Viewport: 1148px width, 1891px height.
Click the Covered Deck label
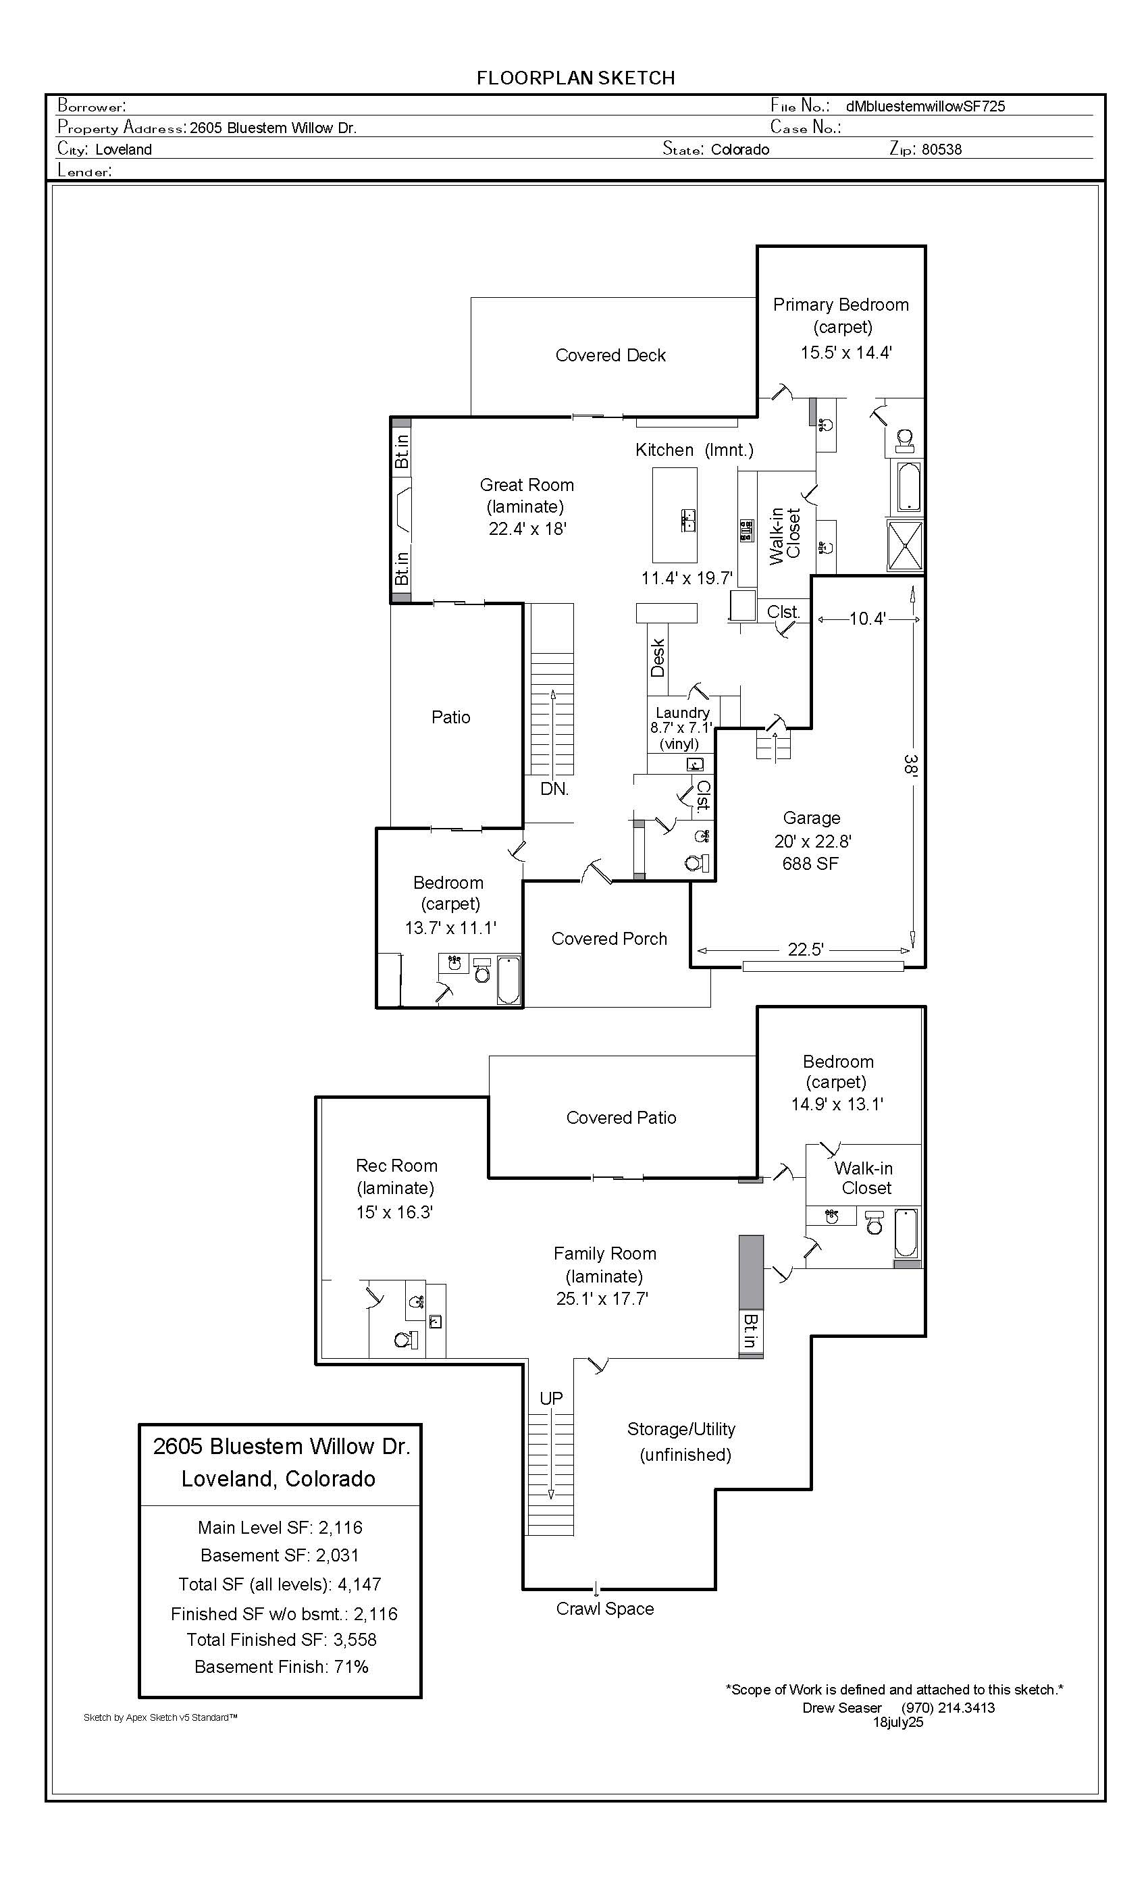610,355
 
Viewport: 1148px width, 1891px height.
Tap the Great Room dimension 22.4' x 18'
527,529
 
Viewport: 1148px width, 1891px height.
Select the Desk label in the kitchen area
658,658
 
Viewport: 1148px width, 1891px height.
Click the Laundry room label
682,713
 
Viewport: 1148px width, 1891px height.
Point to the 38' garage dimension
911,765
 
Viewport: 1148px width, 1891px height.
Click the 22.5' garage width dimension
806,950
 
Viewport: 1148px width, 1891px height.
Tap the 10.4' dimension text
868,619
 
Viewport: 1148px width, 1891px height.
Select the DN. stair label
554,789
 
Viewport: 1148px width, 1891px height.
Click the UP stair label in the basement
551,1398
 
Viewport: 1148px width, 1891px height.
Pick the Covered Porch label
609,939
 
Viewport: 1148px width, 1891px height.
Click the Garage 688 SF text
810,863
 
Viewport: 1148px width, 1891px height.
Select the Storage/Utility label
681,1429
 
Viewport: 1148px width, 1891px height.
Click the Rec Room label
397,1166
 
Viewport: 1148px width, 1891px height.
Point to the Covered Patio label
621,1118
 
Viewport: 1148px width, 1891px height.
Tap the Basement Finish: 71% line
282,1667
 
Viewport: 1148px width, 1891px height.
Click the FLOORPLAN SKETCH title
575,78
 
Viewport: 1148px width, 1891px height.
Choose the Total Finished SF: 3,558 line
282,1639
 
